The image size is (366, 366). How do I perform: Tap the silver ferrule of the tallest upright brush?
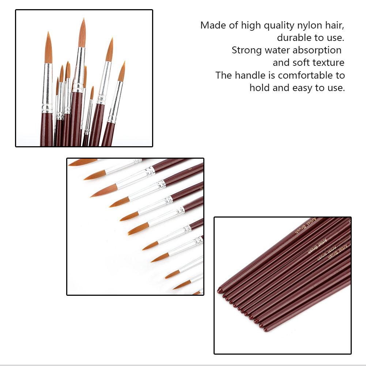(x=78, y=69)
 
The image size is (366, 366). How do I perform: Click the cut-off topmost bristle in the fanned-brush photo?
(x=82, y=162)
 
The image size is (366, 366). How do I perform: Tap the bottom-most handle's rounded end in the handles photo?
(x=266, y=329)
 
